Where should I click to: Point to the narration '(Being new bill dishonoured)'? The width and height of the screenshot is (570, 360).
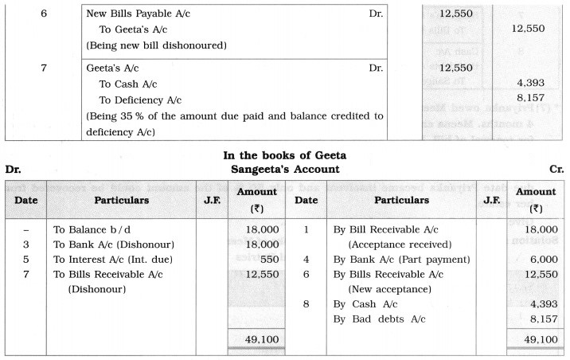click(x=156, y=45)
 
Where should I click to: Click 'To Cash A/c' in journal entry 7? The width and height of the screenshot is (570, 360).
click(x=127, y=84)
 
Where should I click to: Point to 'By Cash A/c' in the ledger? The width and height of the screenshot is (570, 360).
click(x=365, y=303)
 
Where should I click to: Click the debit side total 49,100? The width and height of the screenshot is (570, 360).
click(x=256, y=338)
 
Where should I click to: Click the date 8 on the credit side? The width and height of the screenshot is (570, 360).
click(x=306, y=303)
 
